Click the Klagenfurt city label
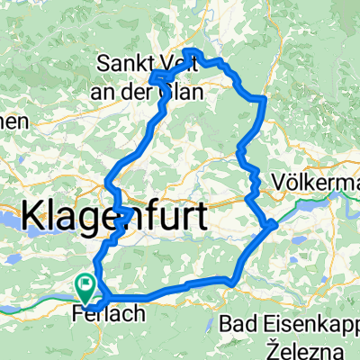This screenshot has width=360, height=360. click(x=112, y=217)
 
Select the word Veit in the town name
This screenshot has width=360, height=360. click(x=184, y=64)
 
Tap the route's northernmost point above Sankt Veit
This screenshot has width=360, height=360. click(x=195, y=50)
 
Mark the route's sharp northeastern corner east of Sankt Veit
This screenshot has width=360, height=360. click(x=262, y=97)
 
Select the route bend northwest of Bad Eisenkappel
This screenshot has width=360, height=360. click(x=232, y=283)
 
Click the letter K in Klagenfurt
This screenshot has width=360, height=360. click(x=30, y=216)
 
